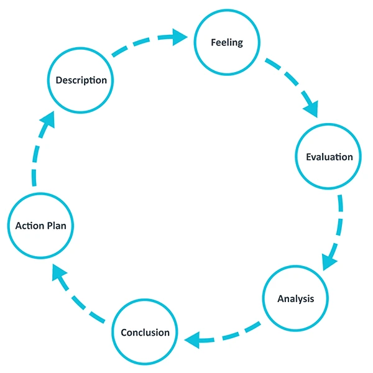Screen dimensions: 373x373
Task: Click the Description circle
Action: (x=80, y=80)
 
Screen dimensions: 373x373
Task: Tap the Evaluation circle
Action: (x=329, y=157)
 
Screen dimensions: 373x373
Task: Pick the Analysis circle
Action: (x=295, y=298)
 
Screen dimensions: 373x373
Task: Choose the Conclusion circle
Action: (x=145, y=332)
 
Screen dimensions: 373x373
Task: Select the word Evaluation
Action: (x=329, y=157)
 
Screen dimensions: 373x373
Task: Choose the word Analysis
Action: (x=295, y=298)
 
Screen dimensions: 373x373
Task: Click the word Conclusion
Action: (x=145, y=332)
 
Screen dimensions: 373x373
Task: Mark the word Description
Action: (x=80, y=80)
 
